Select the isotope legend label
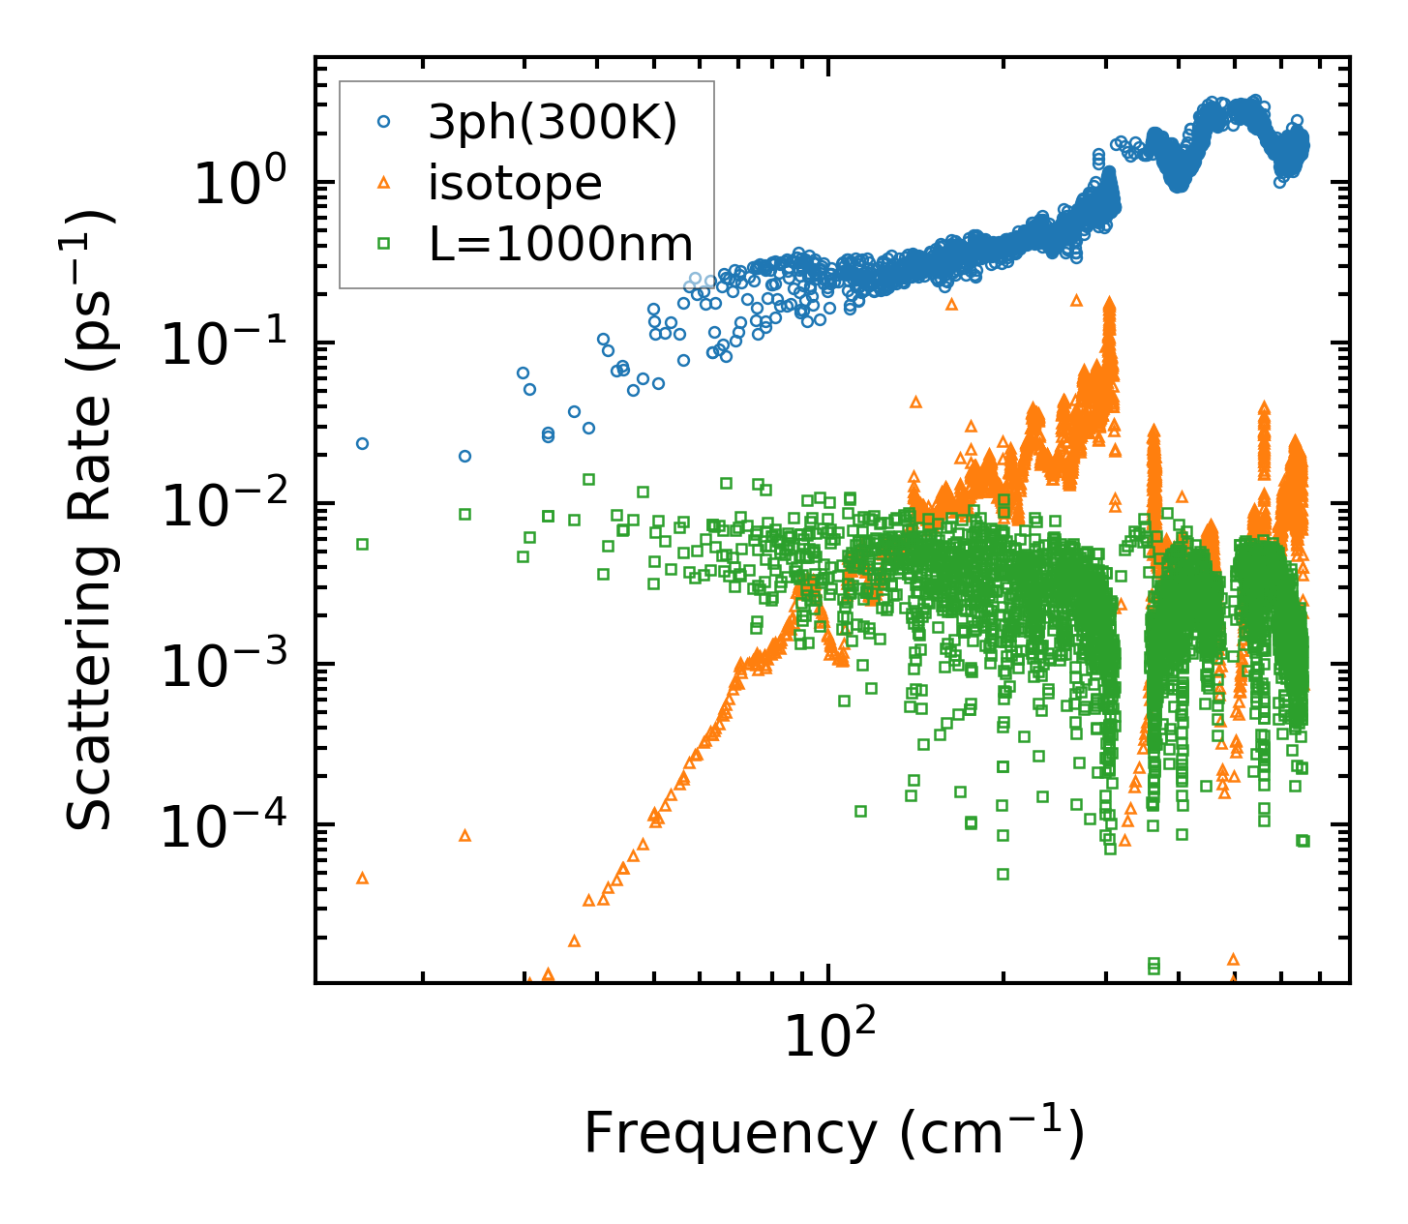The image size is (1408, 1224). [515, 183]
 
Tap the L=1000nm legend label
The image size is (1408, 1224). [561, 245]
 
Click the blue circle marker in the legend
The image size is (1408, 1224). [384, 122]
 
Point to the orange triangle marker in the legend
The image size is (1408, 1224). [384, 183]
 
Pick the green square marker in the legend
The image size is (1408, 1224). [384, 245]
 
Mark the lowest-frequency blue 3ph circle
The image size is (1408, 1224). [363, 443]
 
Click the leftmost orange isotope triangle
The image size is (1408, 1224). [363, 878]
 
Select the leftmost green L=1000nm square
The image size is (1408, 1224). [363, 544]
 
